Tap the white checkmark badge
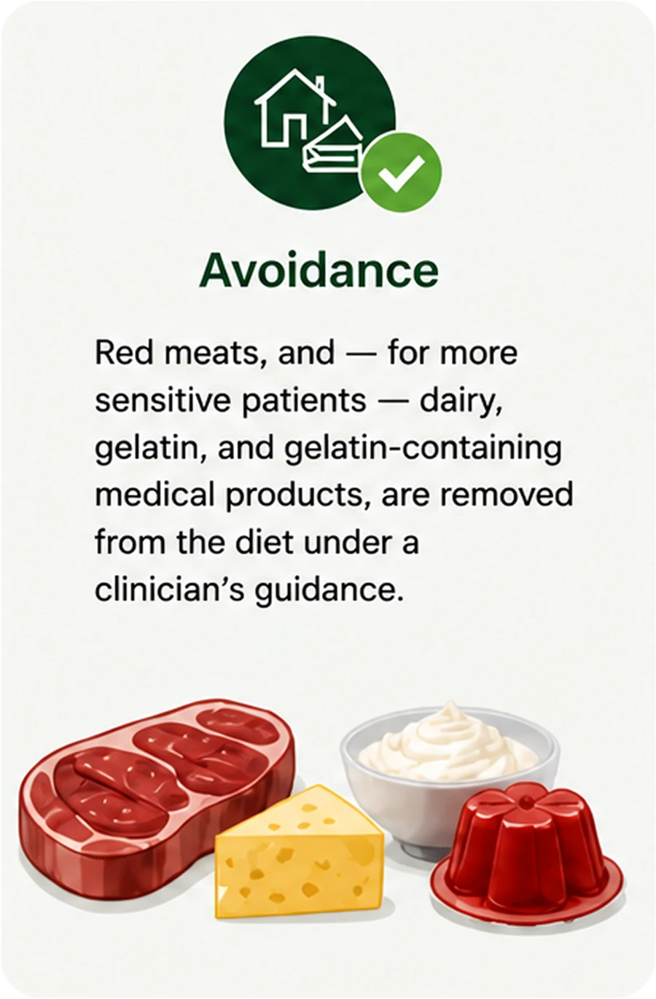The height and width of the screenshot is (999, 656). (x=401, y=172)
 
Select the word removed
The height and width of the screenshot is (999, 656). (x=507, y=495)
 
